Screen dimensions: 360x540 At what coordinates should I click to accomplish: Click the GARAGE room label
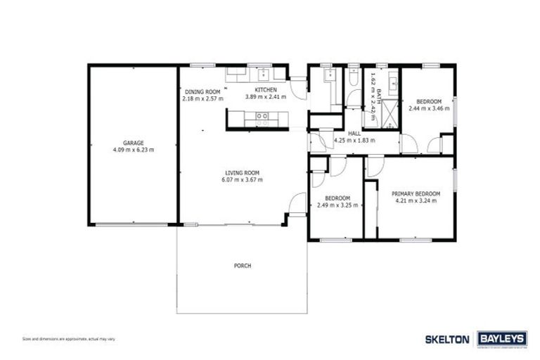click(134, 143)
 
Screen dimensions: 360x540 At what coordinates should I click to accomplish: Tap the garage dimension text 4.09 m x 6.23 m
click(134, 150)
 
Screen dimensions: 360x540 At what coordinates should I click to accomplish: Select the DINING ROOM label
click(202, 91)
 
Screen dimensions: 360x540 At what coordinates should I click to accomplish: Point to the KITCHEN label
click(266, 90)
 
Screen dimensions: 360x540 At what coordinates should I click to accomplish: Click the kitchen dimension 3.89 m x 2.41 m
click(266, 97)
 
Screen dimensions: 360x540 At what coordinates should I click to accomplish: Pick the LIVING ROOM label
click(243, 173)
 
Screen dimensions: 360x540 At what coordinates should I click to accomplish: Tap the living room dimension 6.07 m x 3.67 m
click(243, 180)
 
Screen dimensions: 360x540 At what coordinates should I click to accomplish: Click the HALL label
click(354, 133)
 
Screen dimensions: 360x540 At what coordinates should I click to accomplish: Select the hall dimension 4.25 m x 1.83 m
click(354, 140)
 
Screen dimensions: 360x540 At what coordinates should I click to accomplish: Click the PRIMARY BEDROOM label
click(416, 193)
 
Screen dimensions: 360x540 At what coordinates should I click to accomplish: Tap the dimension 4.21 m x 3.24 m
click(416, 200)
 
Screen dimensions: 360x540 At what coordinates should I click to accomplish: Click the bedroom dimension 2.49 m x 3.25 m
click(337, 205)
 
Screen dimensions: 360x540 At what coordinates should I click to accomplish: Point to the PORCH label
click(243, 266)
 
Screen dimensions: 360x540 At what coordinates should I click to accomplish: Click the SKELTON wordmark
click(447, 339)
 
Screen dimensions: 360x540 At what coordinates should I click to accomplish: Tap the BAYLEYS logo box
click(502, 338)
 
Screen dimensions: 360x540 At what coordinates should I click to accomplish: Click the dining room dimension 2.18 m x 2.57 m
click(202, 98)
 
